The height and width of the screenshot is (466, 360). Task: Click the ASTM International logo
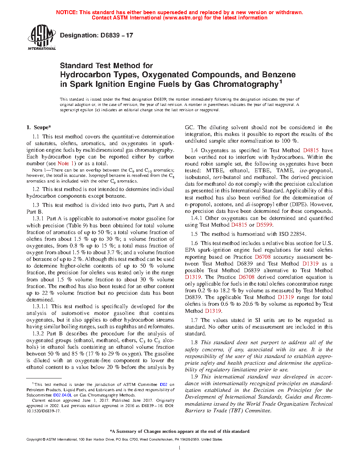[x=42, y=37]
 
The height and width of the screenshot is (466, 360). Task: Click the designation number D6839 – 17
[x=96, y=35]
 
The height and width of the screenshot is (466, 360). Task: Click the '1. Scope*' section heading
[x=38, y=127]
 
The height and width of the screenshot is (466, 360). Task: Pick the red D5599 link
[x=264, y=225]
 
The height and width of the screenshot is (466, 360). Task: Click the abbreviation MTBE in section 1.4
[x=215, y=171]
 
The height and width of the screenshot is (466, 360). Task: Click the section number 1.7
[x=194, y=320]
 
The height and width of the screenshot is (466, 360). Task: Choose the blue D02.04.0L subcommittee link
[x=62, y=395]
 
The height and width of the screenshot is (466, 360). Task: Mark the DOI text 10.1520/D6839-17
[x=43, y=411]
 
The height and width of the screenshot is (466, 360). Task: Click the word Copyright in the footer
[x=34, y=440]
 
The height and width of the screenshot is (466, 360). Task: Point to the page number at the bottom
[x=180, y=448]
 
